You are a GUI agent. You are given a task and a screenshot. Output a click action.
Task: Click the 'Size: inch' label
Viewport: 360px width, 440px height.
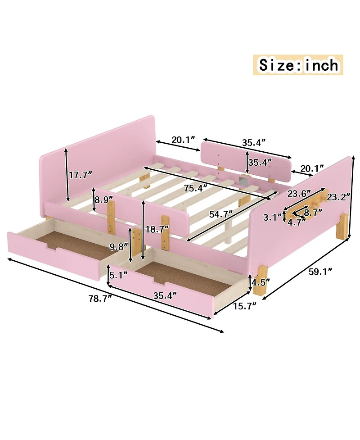[x=298, y=65]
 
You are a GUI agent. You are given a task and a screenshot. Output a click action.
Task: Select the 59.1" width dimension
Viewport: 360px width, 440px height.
[x=320, y=272]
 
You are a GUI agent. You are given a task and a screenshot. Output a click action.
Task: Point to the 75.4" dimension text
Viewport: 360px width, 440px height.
[x=196, y=188]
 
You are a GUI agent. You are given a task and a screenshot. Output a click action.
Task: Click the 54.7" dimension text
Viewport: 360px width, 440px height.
[x=221, y=214]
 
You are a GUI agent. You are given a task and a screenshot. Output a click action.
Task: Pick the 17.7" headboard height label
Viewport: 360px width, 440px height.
[x=81, y=175]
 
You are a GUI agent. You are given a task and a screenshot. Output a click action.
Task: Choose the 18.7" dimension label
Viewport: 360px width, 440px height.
[x=157, y=229]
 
